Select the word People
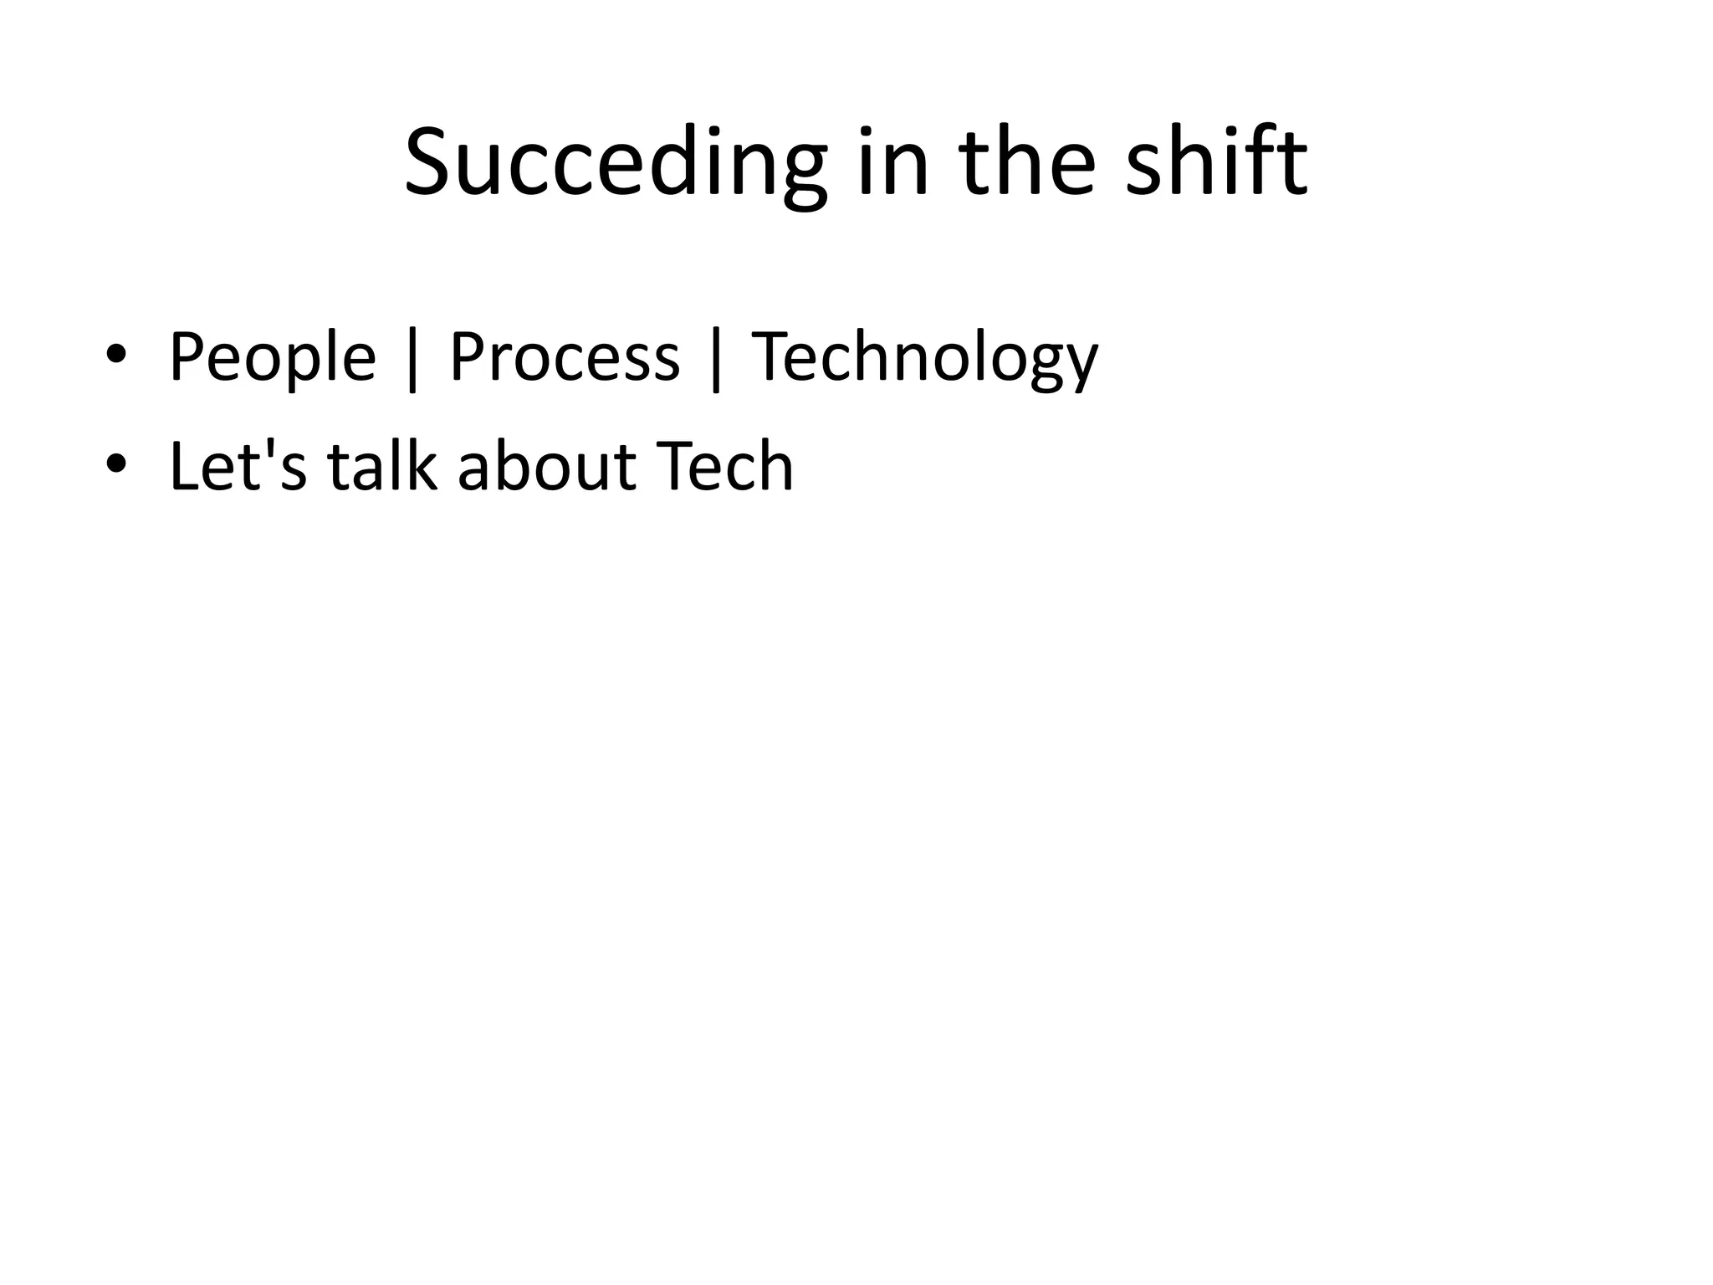(273, 358)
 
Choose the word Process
(565, 358)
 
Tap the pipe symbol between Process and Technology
(715, 360)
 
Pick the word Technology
(924, 358)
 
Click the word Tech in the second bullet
(724, 466)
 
